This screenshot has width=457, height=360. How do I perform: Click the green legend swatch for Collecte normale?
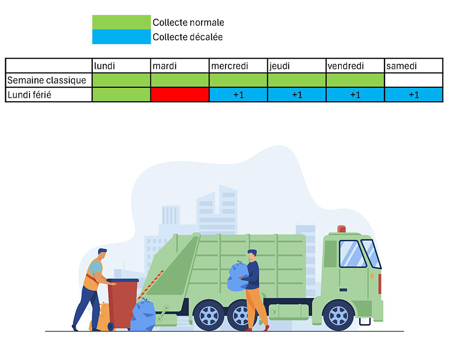121,22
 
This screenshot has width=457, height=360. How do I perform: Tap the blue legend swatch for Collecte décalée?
121,37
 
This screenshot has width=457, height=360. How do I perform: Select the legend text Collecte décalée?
187,37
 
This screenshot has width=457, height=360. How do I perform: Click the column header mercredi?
230,66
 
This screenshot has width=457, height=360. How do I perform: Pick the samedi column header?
402,66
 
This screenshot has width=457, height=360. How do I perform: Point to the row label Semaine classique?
47,80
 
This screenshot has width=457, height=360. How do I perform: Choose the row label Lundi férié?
30,95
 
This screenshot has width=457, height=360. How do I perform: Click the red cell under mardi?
180,95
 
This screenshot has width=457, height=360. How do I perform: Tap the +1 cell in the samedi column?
413,95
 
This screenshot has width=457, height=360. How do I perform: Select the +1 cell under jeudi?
297,95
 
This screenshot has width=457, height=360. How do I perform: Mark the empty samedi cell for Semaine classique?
413,80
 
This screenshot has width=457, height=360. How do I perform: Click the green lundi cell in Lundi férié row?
121,95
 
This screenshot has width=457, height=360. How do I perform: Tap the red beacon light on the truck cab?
342,229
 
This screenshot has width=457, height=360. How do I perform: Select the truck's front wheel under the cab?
338,315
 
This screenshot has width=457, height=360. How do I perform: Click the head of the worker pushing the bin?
102,254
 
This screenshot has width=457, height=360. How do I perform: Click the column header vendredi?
346,66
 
